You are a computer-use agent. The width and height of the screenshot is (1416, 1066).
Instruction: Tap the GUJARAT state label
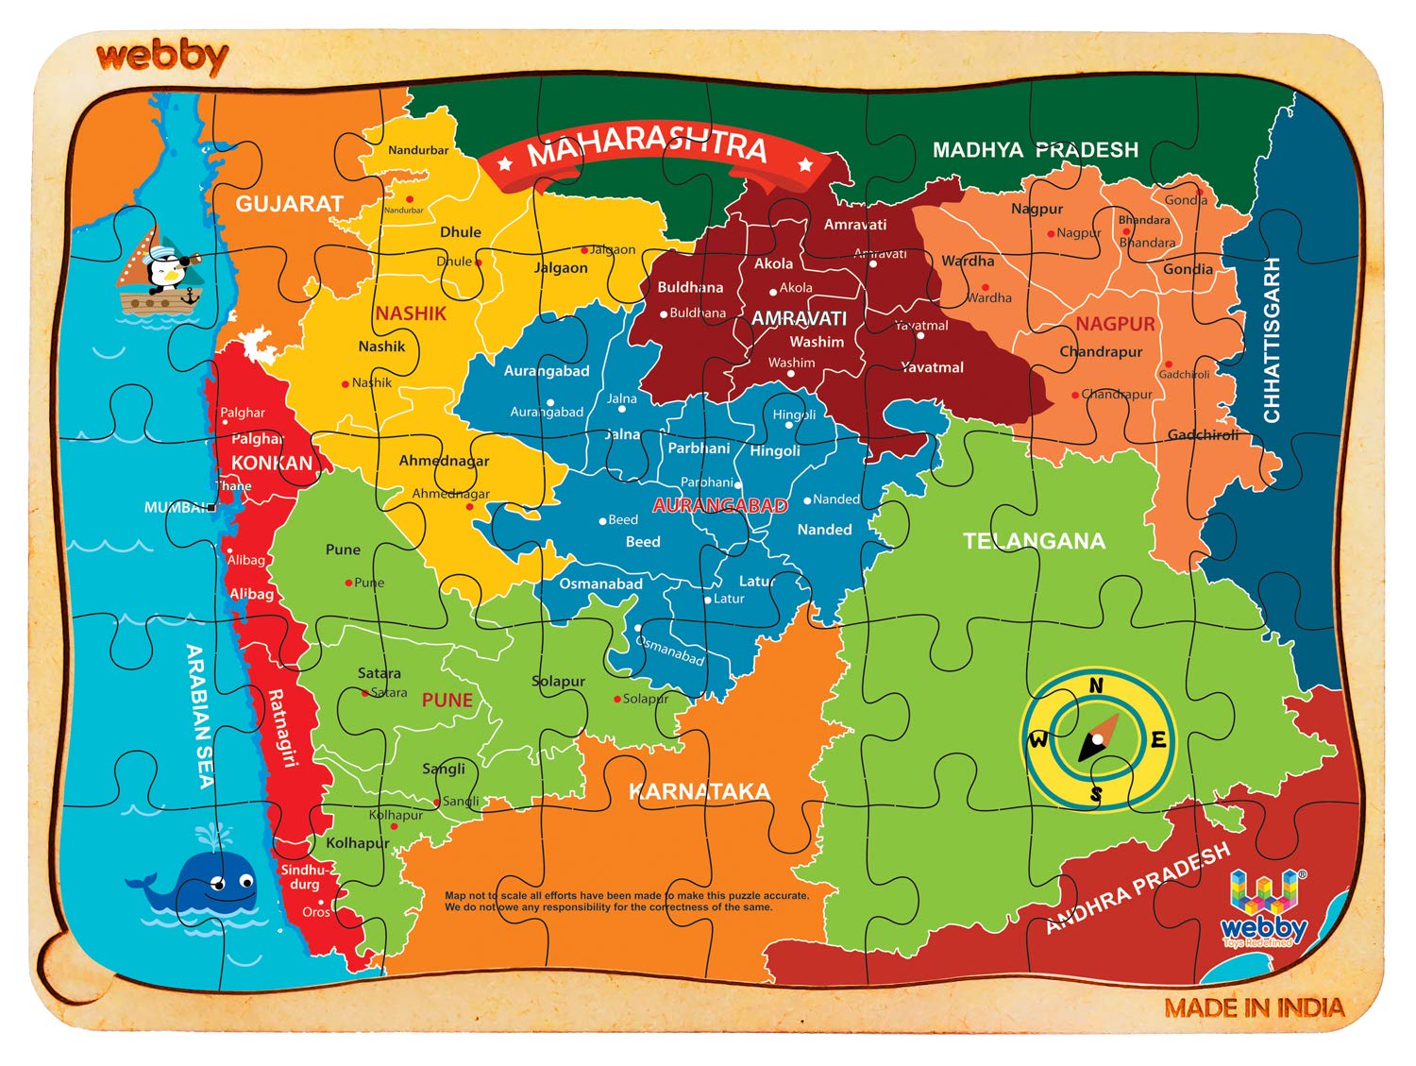[x=289, y=204]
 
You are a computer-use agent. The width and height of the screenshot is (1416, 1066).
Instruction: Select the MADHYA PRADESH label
[x=1035, y=150]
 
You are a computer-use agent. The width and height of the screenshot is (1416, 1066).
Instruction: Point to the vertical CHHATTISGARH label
[x=1272, y=340]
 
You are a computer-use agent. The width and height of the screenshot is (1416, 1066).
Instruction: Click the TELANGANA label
[x=1034, y=541]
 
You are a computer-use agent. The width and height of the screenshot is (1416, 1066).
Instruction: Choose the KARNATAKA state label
[x=700, y=791]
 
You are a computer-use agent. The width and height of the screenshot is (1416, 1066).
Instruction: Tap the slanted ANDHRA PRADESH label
[x=1138, y=888]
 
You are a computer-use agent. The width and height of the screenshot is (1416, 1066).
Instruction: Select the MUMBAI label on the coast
[x=177, y=508]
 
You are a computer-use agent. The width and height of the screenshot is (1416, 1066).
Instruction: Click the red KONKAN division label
[x=272, y=463]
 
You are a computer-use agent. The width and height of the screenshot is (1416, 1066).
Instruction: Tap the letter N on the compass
[x=1096, y=685]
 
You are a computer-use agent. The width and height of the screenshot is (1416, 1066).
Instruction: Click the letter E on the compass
[x=1158, y=740]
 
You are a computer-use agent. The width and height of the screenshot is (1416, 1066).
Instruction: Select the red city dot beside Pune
[x=348, y=583]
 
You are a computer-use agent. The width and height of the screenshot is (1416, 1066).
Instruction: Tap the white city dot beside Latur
[x=707, y=600]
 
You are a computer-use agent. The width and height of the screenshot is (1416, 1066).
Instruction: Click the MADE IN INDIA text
[x=1254, y=1008]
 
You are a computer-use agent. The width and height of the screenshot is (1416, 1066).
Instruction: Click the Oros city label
[x=315, y=912]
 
